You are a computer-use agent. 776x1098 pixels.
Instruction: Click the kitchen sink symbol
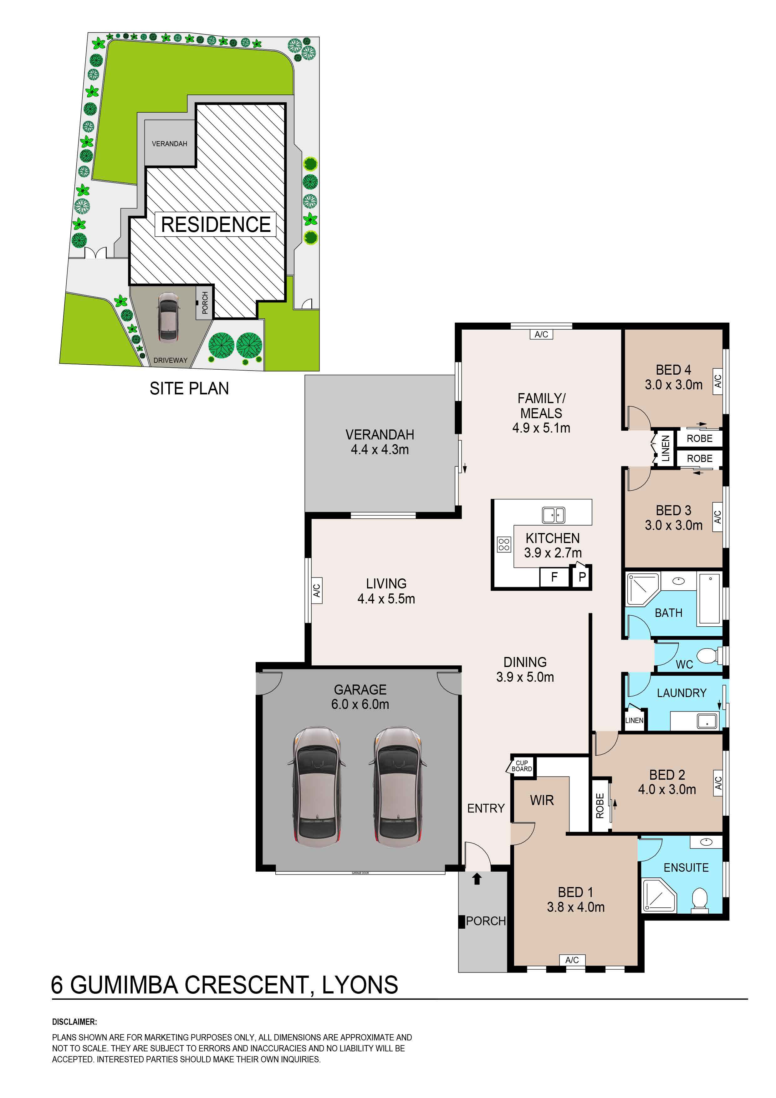[x=553, y=515]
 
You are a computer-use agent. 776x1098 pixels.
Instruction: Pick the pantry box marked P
[x=582, y=577]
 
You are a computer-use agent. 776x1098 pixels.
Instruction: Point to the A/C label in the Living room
[x=317, y=591]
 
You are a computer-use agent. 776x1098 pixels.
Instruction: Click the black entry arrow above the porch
[x=477, y=879]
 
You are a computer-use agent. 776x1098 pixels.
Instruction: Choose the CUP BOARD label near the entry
[x=522, y=766]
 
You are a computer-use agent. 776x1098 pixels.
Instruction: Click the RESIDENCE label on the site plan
[x=216, y=224]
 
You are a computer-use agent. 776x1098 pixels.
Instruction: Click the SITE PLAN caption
[x=189, y=388]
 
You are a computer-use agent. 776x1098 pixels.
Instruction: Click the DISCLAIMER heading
[x=74, y=1022]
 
